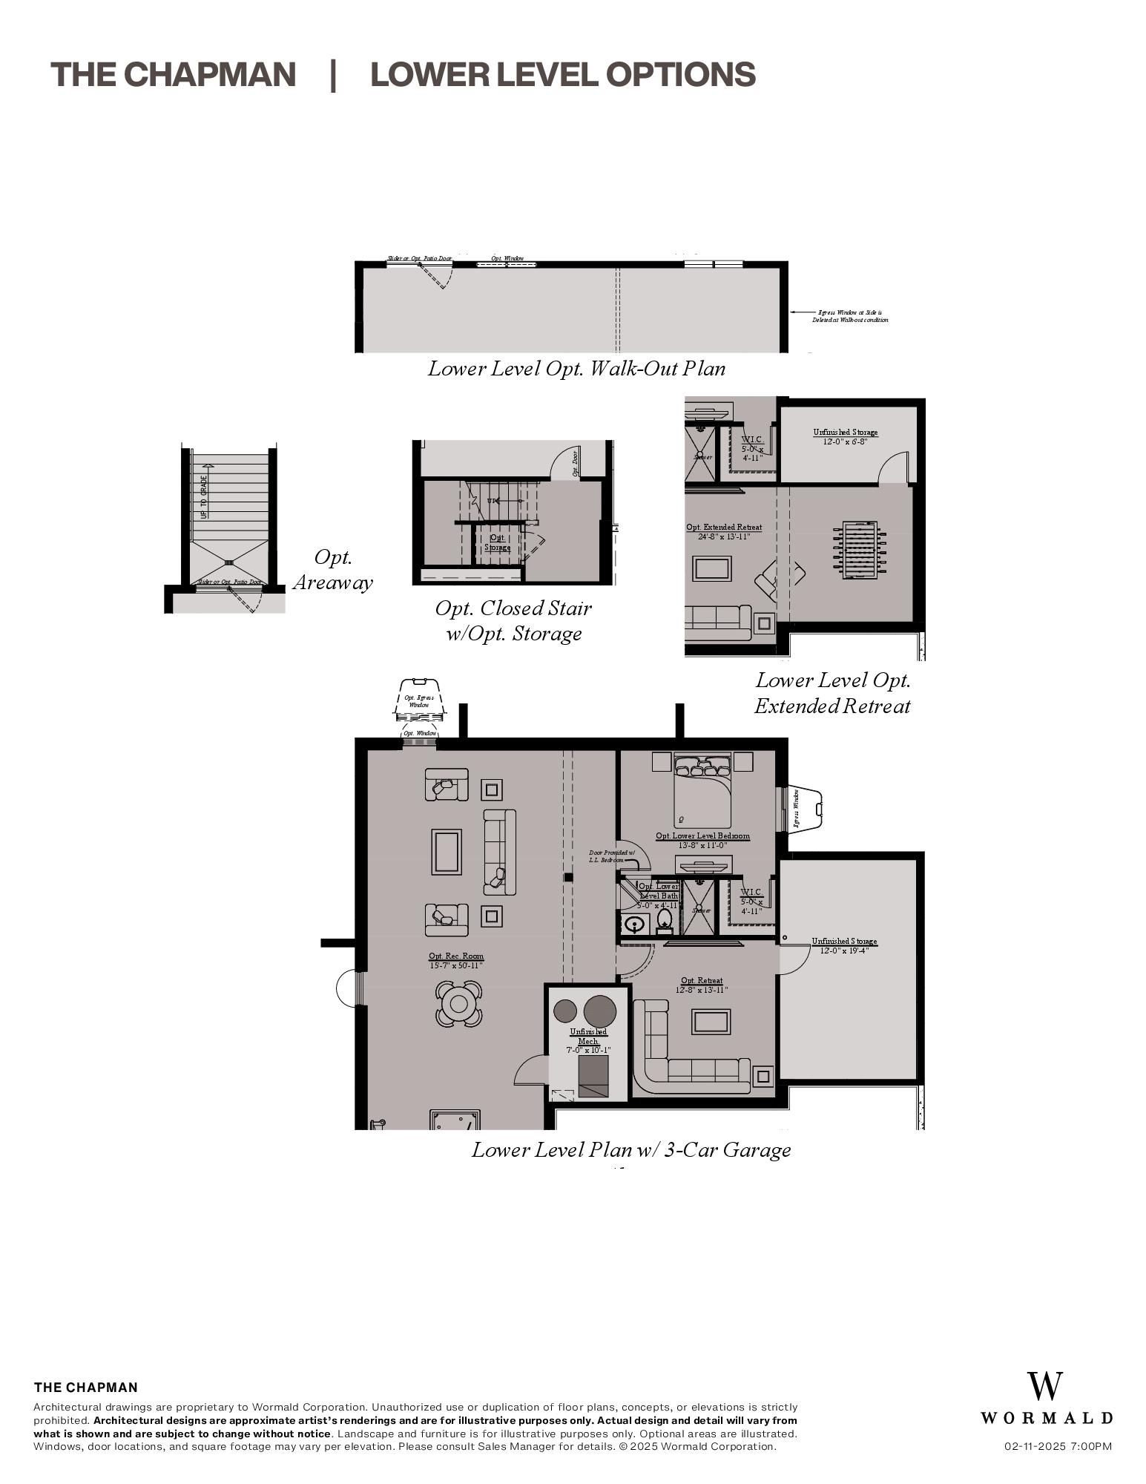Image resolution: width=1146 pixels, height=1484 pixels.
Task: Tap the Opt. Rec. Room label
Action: point(455,960)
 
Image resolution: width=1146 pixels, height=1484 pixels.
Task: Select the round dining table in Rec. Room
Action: point(458,1004)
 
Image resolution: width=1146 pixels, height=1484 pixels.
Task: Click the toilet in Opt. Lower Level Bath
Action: point(664,920)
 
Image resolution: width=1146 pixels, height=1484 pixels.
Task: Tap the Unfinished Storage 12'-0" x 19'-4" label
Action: point(844,945)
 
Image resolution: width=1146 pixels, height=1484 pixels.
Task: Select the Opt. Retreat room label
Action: point(702,985)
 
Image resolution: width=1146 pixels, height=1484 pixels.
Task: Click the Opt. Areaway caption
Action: point(332,570)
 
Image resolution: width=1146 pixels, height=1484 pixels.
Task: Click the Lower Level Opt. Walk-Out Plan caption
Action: point(576,368)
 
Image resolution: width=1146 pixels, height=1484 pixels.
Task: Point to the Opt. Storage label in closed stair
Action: point(497,542)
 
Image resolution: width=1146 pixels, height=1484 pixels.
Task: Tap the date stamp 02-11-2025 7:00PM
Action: point(1058,1445)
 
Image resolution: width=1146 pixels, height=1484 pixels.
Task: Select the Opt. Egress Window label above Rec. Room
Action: point(419,701)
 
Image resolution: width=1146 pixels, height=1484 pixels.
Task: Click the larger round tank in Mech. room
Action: point(599,1011)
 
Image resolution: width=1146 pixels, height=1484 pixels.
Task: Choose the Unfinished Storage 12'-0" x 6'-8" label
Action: point(845,436)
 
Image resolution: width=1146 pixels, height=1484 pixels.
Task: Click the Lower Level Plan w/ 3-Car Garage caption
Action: point(630,1149)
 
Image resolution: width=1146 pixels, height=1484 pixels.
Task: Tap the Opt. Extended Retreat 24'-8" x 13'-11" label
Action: point(724,531)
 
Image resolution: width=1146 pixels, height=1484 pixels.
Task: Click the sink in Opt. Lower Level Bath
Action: point(634,925)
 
